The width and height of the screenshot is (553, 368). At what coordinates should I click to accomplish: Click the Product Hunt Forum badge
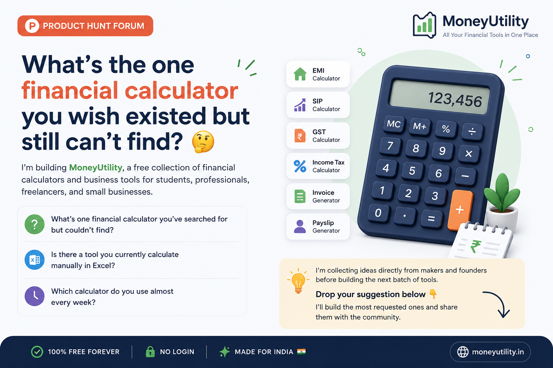pyautogui.click(x=85, y=26)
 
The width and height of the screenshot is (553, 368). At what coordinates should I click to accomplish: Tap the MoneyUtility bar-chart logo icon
pyautogui.click(x=424, y=25)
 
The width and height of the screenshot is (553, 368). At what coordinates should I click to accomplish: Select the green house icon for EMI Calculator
pyautogui.click(x=300, y=74)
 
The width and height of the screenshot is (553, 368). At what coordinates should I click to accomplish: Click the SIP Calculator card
pyautogui.click(x=318, y=105)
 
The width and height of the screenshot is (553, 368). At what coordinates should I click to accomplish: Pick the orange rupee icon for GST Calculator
pyautogui.click(x=300, y=135)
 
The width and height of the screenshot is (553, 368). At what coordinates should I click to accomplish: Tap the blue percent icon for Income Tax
pyautogui.click(x=300, y=166)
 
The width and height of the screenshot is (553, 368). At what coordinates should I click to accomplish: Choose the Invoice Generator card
pyautogui.click(x=318, y=196)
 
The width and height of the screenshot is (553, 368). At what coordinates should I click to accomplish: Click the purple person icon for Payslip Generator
pyautogui.click(x=300, y=226)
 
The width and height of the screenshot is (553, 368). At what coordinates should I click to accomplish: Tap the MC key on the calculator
pyautogui.click(x=394, y=124)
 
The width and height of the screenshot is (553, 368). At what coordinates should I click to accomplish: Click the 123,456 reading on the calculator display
pyautogui.click(x=455, y=99)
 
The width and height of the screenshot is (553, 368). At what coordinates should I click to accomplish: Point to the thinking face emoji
pyautogui.click(x=203, y=142)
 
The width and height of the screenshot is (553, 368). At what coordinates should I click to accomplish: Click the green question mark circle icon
pyautogui.click(x=35, y=224)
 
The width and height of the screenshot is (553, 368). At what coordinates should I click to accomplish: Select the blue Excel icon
pyautogui.click(x=35, y=260)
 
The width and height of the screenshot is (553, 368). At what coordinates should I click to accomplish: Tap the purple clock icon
pyautogui.click(x=35, y=296)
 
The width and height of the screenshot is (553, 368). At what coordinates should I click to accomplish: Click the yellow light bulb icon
pyautogui.click(x=298, y=281)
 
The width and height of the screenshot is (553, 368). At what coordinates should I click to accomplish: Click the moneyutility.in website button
pyautogui.click(x=490, y=352)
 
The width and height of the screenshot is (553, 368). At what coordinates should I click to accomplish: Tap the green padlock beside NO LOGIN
pyautogui.click(x=150, y=351)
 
